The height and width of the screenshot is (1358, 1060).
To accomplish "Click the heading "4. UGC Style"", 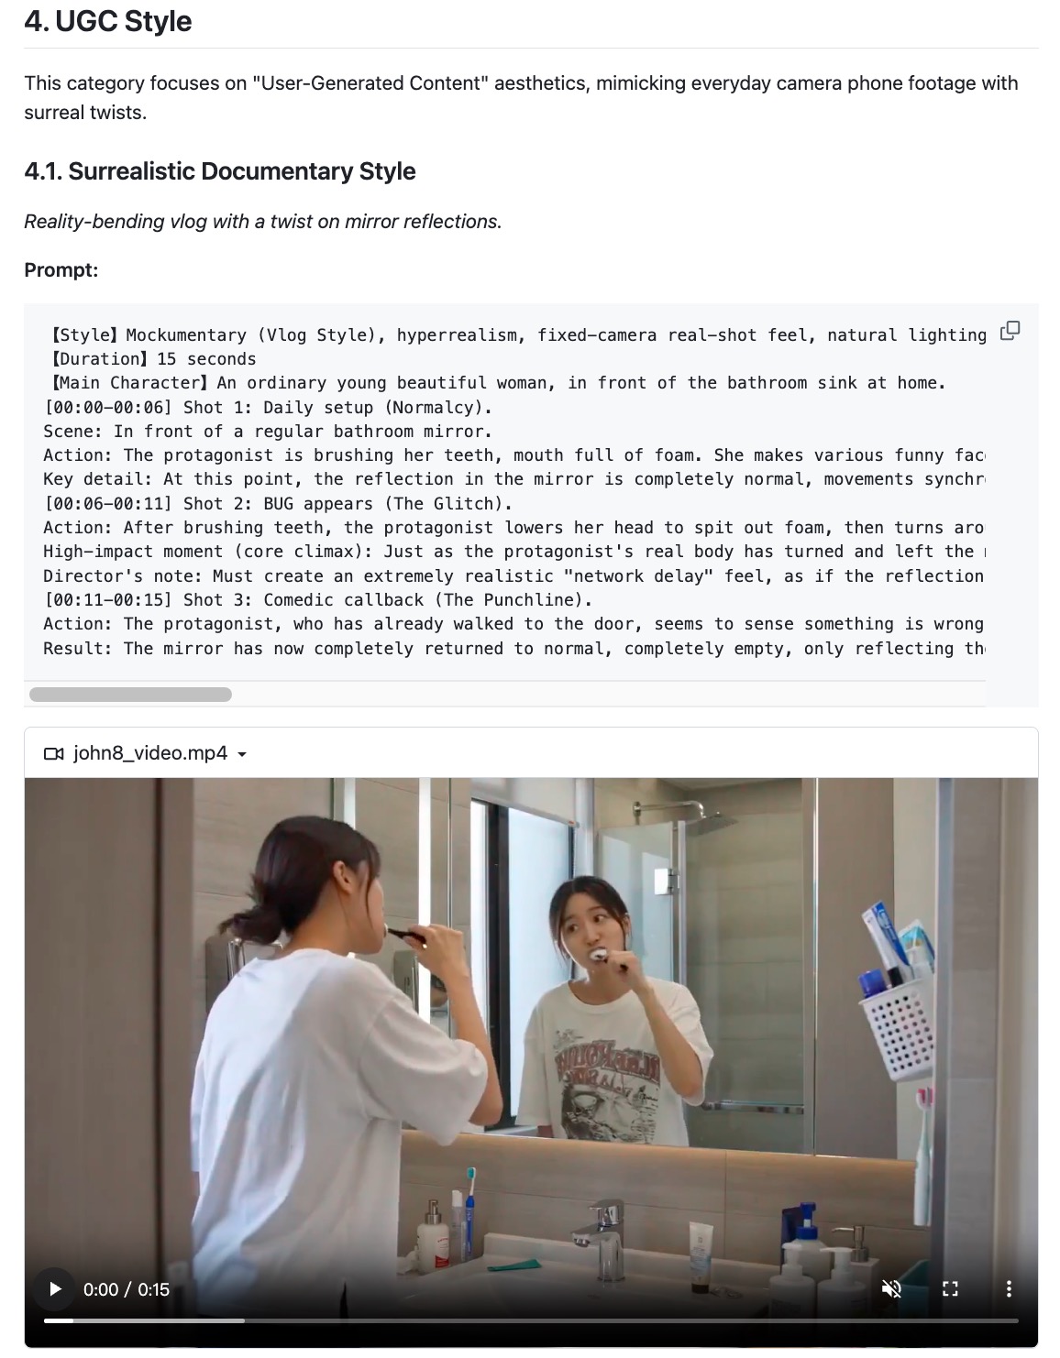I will point(108,21).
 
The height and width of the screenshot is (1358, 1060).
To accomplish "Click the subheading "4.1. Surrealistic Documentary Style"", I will point(220,171).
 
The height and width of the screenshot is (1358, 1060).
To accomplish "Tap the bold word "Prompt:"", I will point(61,270).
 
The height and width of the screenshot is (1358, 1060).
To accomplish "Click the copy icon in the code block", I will point(1010,331).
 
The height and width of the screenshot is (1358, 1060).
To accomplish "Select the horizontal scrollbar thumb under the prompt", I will point(130,695).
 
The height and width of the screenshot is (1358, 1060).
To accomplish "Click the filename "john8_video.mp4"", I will point(150,753).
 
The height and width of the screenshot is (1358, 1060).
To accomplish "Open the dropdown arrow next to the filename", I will point(242,754).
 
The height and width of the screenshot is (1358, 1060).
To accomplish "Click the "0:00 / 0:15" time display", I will point(127,1289).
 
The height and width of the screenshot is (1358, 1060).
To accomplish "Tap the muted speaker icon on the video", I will point(891,1289).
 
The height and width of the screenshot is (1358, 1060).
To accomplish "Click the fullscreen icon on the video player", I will point(950,1289).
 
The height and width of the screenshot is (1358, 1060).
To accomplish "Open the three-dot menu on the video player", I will point(1009,1289).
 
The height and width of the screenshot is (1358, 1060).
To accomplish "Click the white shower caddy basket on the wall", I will point(898,1032).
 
